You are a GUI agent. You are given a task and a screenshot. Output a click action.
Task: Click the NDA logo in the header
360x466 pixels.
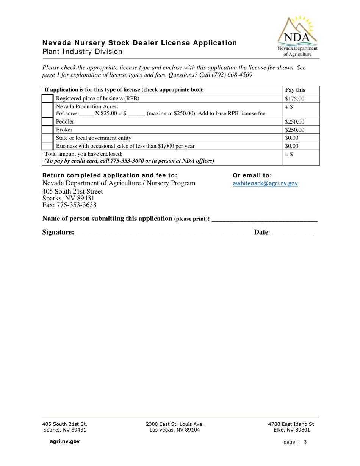click(x=298, y=36)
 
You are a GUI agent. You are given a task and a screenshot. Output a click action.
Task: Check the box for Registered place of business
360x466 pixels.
click(x=47, y=99)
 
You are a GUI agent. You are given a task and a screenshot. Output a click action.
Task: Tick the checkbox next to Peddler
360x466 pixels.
click(x=47, y=122)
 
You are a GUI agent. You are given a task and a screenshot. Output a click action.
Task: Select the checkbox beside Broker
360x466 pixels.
click(x=47, y=130)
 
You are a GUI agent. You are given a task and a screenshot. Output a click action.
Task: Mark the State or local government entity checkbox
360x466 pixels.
click(x=47, y=138)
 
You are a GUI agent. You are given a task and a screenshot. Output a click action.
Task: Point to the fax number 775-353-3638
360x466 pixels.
click(x=69, y=205)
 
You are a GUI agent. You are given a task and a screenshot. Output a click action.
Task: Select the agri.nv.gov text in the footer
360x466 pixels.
click(x=63, y=441)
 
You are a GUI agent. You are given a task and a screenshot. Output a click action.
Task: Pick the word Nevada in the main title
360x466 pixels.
click(x=54, y=43)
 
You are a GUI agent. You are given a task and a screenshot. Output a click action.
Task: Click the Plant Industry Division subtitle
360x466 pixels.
click(x=82, y=52)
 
